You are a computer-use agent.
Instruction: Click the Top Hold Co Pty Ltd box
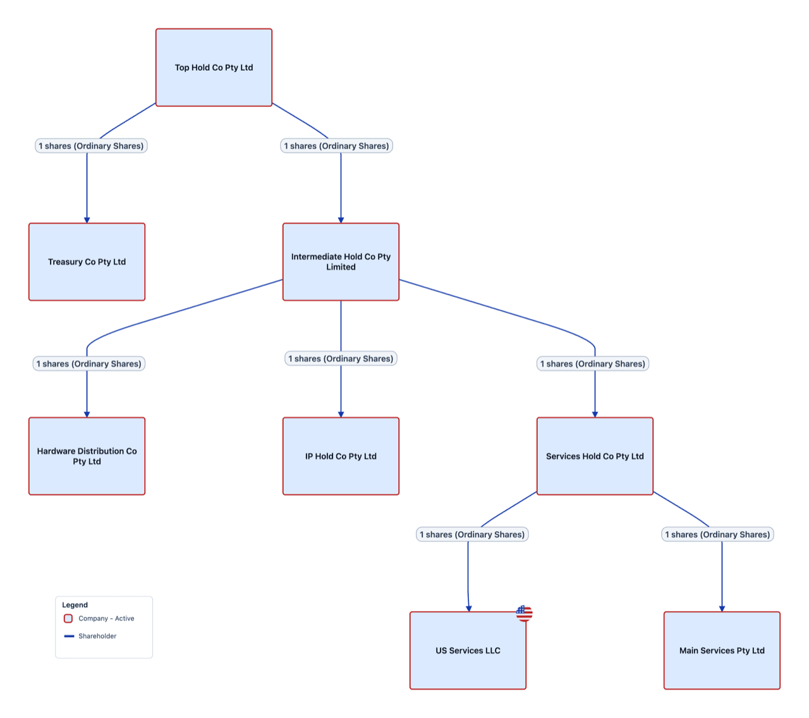click(214, 68)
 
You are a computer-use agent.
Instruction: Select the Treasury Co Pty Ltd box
click(87, 262)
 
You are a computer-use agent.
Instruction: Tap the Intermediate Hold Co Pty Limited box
click(341, 262)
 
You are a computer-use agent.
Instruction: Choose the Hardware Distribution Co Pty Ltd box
click(87, 456)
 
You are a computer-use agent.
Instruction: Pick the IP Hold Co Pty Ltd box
click(341, 456)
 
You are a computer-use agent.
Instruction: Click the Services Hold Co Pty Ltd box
click(595, 456)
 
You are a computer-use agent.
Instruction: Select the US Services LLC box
click(468, 650)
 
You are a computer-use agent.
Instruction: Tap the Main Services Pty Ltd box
click(722, 650)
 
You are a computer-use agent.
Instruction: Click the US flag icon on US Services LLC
click(524, 613)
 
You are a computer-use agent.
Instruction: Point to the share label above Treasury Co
click(91, 146)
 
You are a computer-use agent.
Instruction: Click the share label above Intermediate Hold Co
click(336, 146)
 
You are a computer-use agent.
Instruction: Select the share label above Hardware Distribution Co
click(89, 364)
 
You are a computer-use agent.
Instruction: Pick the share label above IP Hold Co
click(341, 359)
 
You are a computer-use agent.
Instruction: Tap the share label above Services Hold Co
click(593, 364)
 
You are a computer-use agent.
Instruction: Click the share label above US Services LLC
click(472, 535)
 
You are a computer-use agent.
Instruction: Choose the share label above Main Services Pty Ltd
click(717, 535)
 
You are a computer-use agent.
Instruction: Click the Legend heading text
click(75, 605)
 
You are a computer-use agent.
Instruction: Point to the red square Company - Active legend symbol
click(68, 619)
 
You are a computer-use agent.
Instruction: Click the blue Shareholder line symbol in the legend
click(69, 636)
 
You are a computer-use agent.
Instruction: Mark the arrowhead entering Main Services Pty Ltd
click(722, 608)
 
